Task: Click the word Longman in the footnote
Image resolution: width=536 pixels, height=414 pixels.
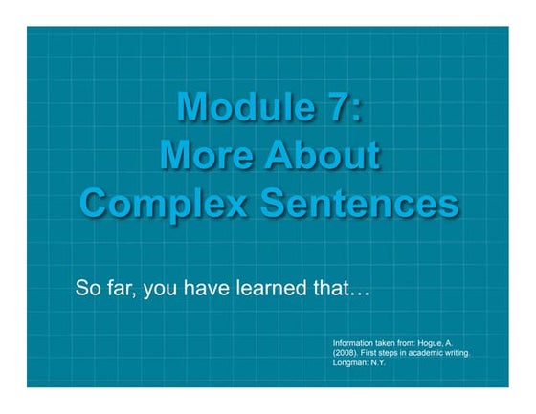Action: [x=351, y=363]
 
